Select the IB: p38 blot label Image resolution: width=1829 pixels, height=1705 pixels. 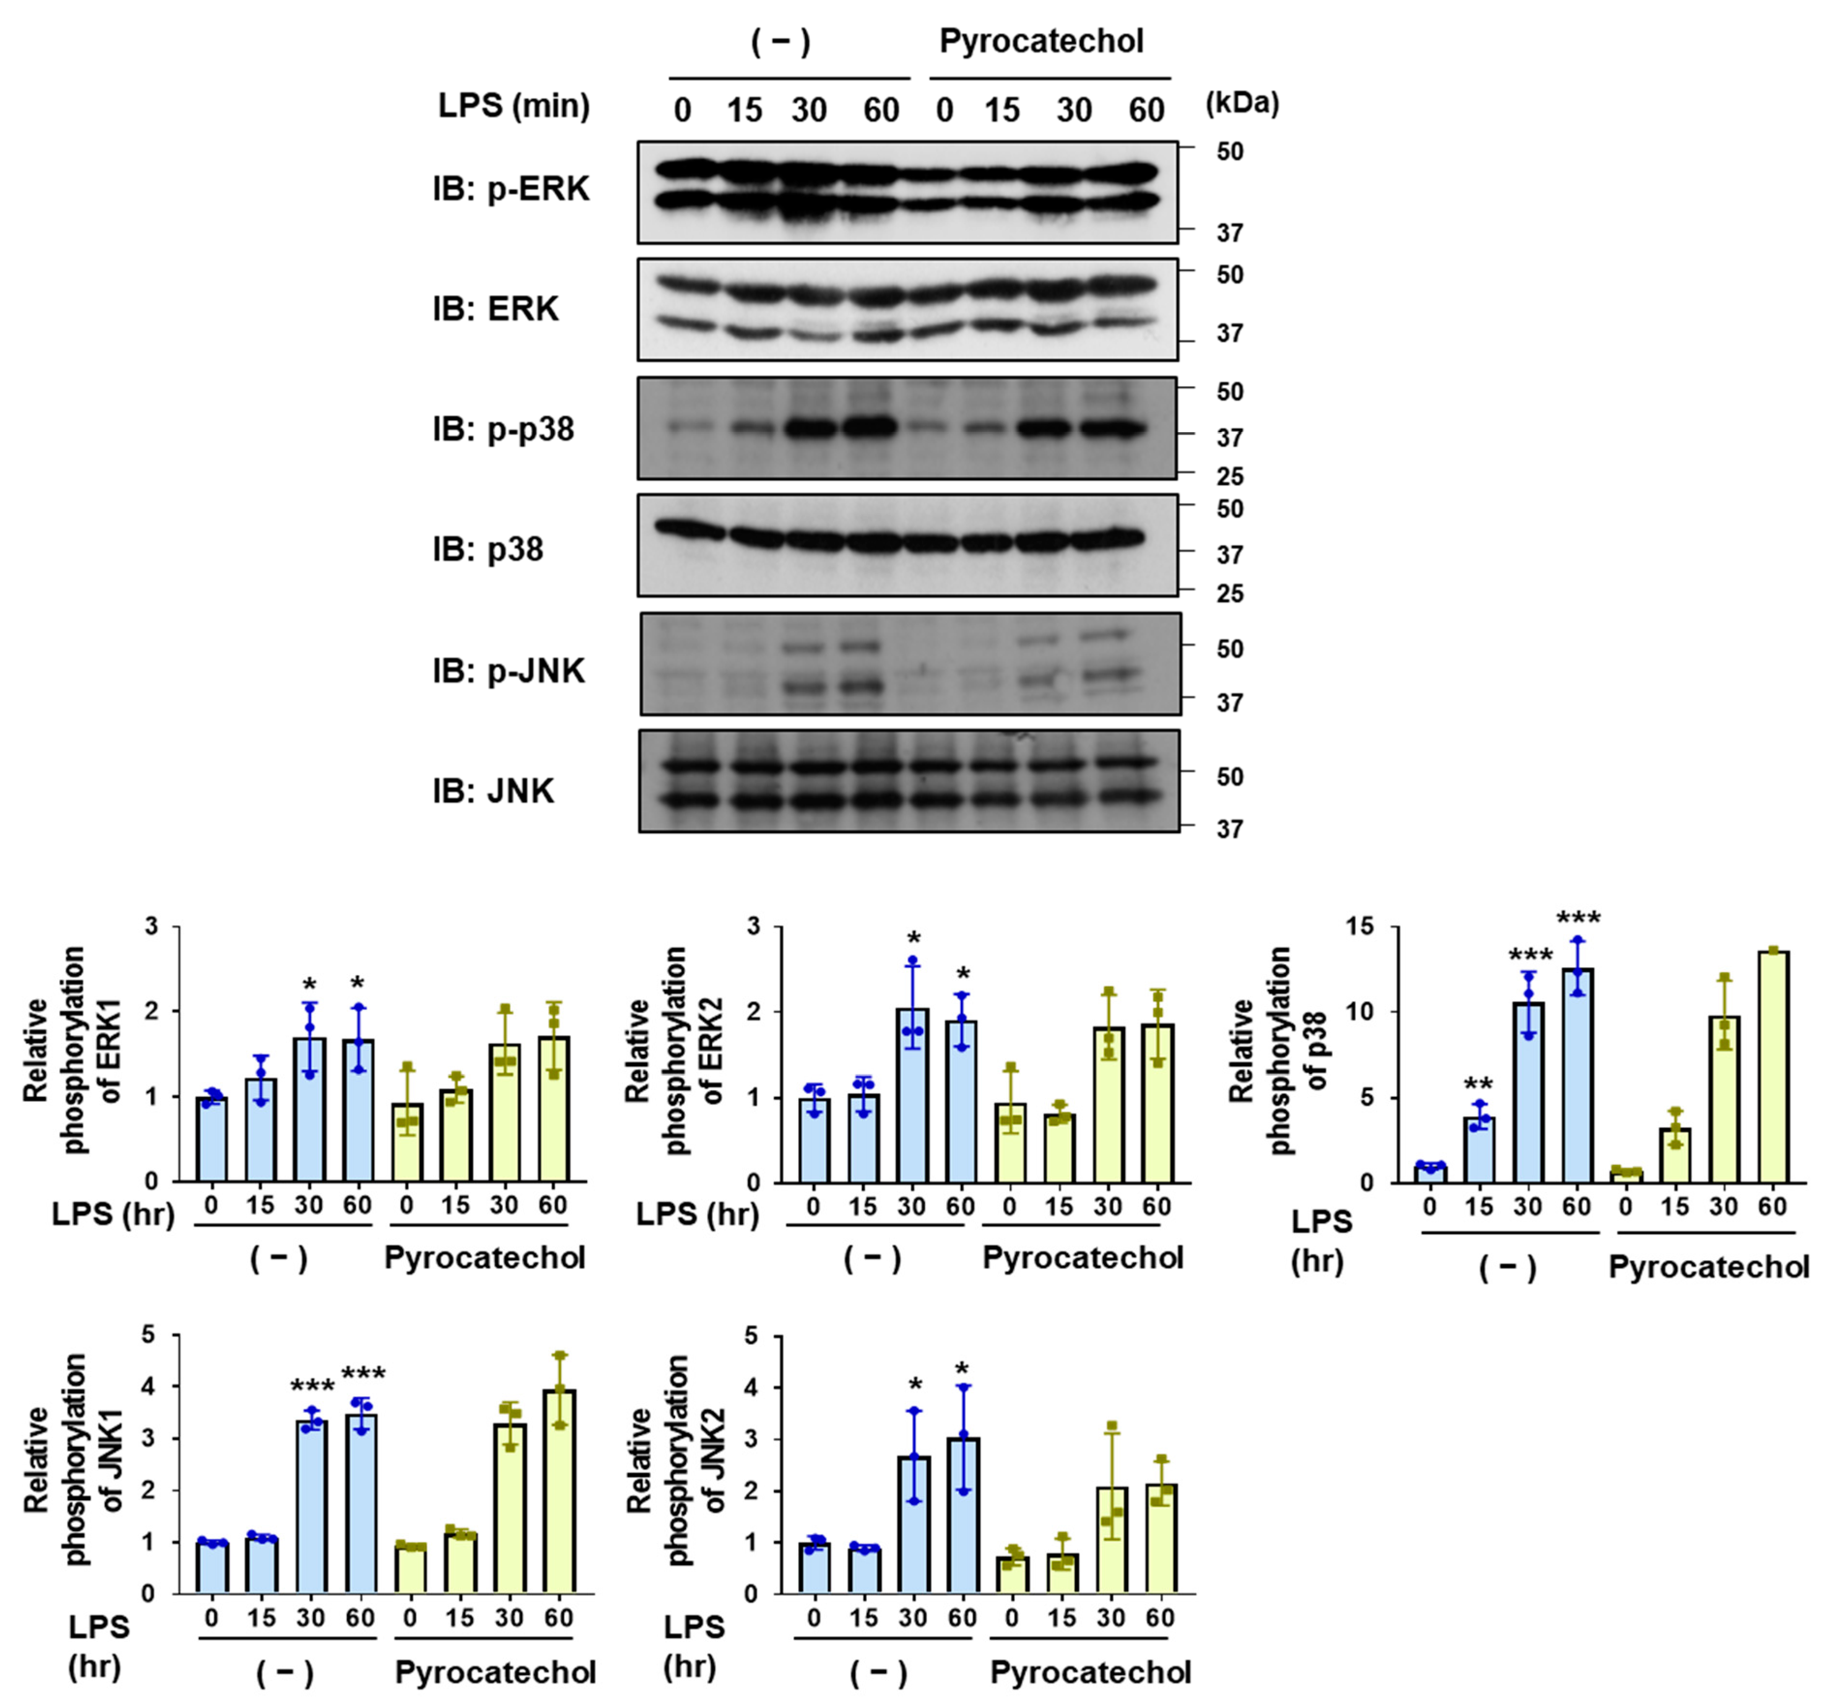[x=487, y=549]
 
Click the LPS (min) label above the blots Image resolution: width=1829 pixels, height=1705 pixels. [x=514, y=106]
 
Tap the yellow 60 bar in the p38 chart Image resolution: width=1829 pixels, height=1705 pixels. [x=1773, y=1067]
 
